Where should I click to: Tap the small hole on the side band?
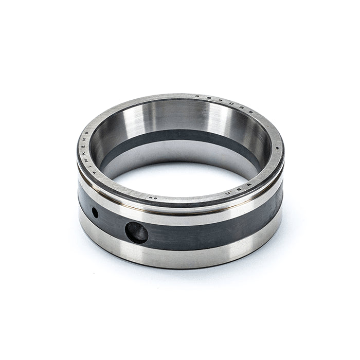[x=95, y=212]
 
